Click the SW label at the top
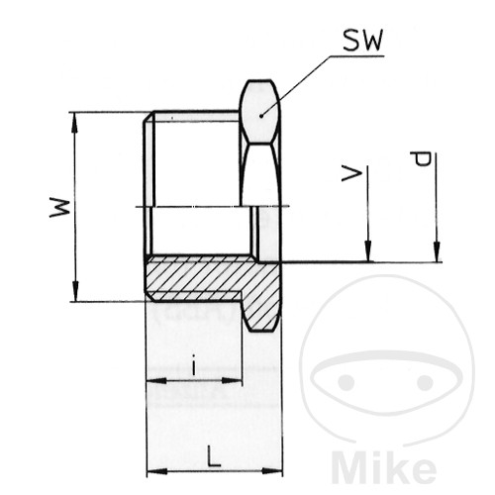pyautogui.click(x=363, y=41)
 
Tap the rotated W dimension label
pyautogui.click(x=60, y=208)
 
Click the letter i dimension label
pyautogui.click(x=194, y=365)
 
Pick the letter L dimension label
pyautogui.click(x=214, y=456)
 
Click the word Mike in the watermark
pyautogui.click(x=383, y=467)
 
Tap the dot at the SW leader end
pyautogui.click(x=261, y=116)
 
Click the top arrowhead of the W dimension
pyautogui.click(x=75, y=123)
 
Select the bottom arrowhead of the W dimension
pyautogui.click(x=75, y=291)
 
